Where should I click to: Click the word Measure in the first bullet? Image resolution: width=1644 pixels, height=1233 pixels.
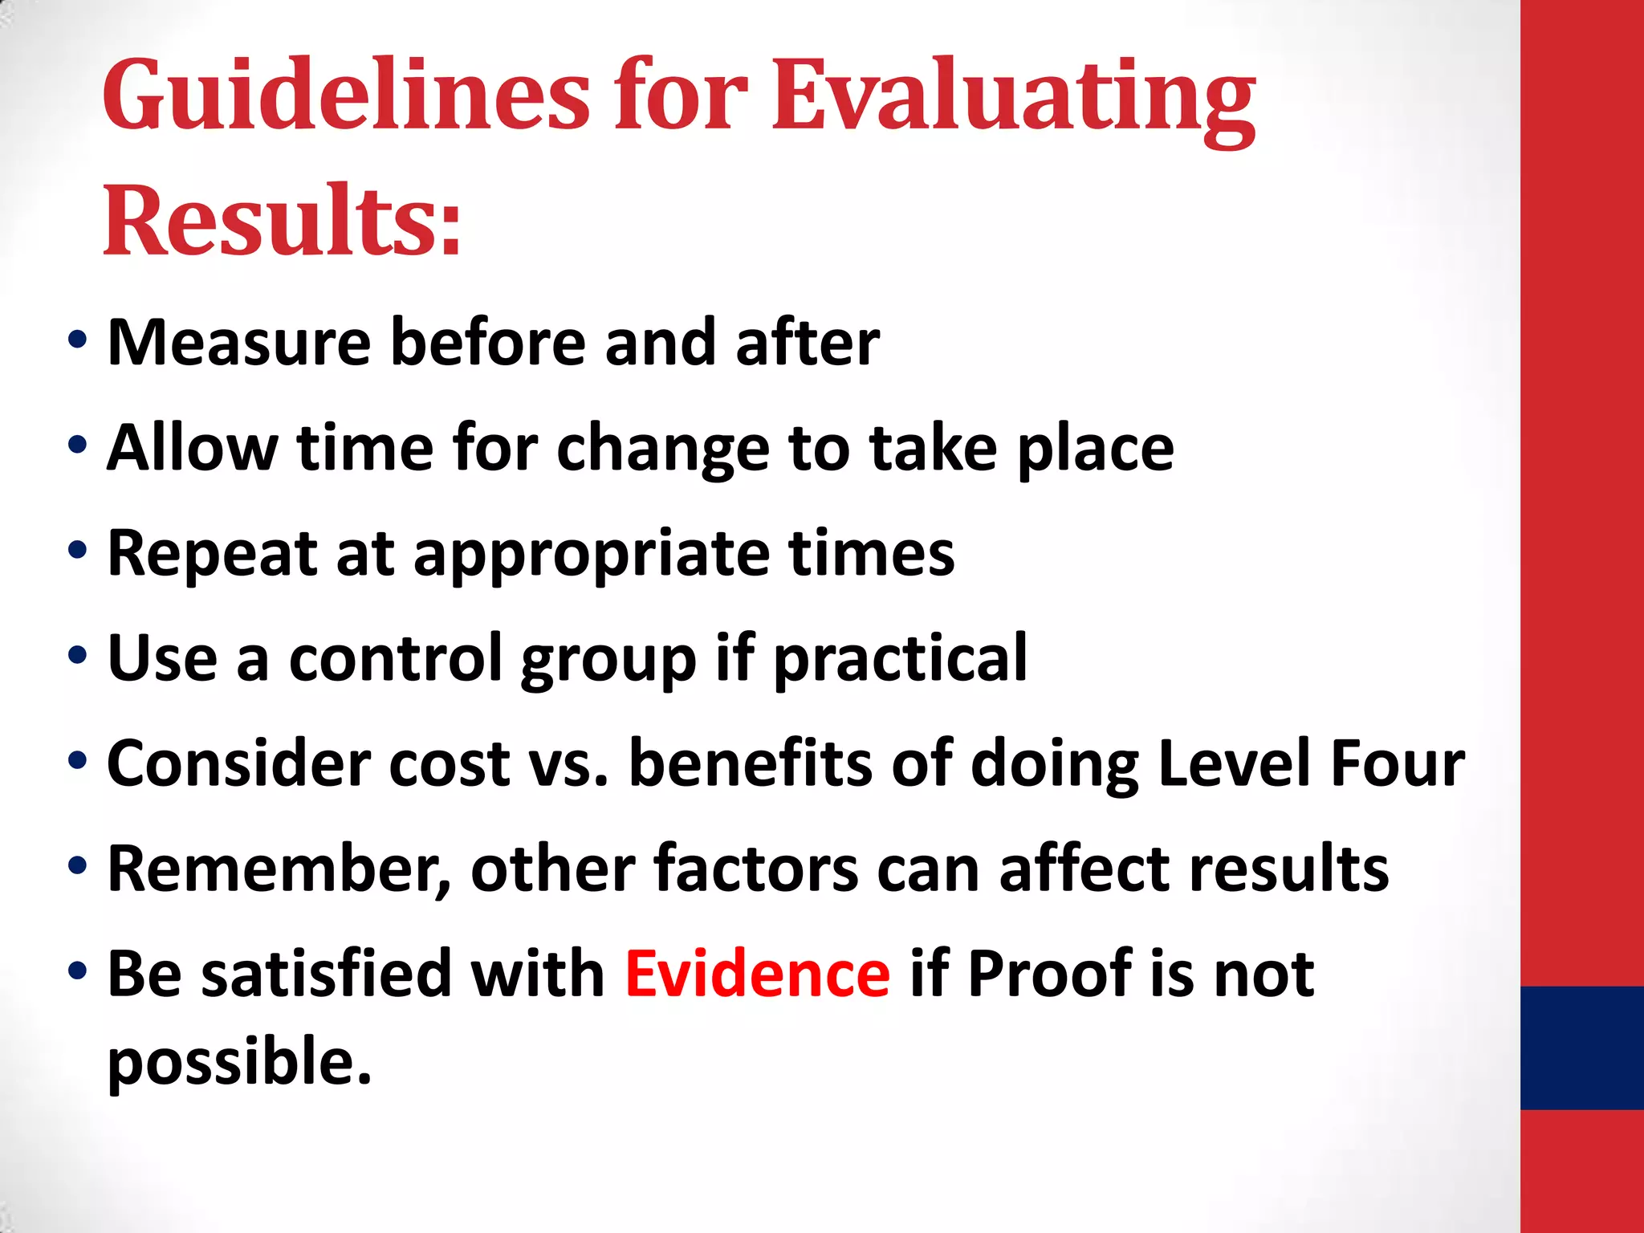238,343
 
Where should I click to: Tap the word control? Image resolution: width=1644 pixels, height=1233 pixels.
394,658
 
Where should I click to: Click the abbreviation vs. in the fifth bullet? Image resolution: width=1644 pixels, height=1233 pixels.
568,763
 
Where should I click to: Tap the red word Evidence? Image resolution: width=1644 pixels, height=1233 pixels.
757,974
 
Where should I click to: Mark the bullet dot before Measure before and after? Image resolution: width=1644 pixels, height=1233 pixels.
77,340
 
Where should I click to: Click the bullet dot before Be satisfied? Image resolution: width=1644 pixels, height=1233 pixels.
77,971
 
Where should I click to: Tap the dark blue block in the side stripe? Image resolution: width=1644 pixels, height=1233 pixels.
1581,1048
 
